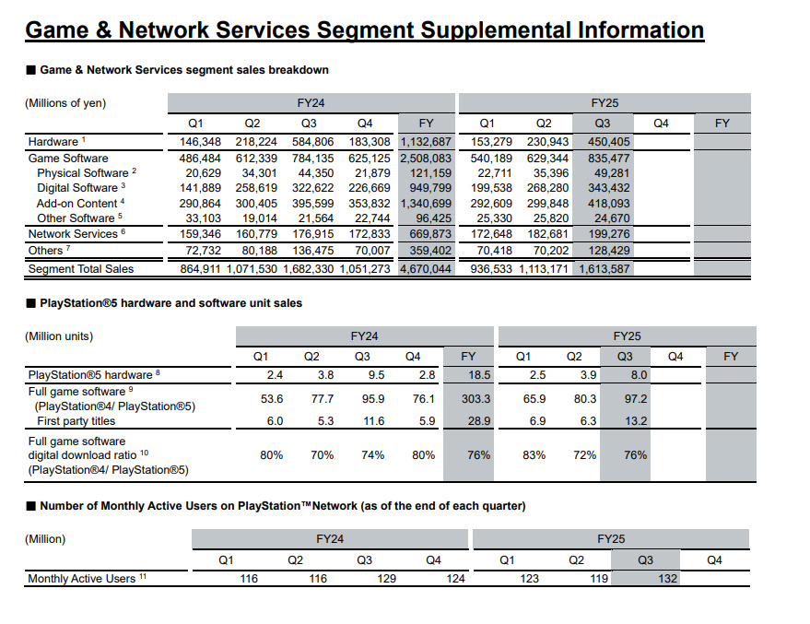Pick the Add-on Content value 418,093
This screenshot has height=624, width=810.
click(603, 203)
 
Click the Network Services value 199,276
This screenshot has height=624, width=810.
click(603, 234)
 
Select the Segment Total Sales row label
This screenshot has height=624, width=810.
click(81, 269)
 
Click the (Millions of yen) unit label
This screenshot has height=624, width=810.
click(65, 103)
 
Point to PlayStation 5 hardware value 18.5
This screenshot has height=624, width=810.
click(478, 375)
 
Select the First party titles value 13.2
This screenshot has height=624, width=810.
click(636, 421)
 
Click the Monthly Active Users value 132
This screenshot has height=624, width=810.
click(667, 579)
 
